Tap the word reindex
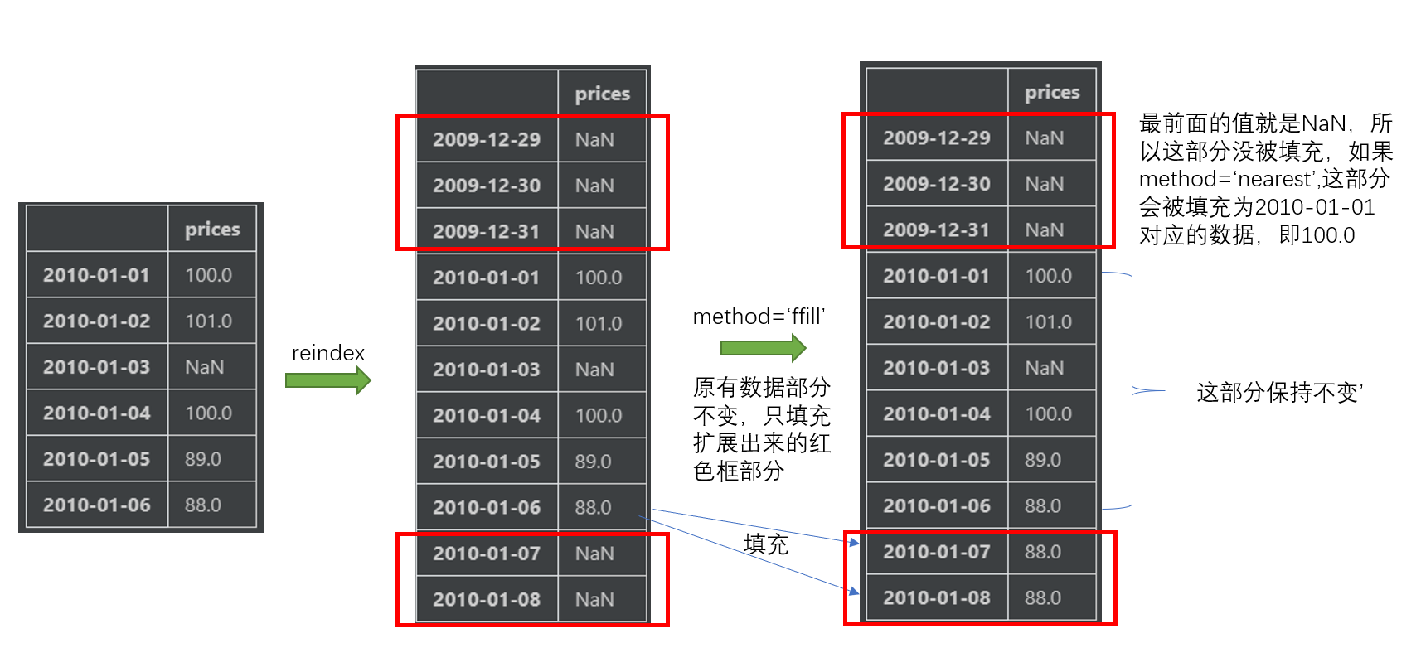pyautogui.click(x=327, y=353)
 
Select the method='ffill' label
pyautogui.click(x=759, y=317)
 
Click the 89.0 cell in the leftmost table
pyautogui.click(x=203, y=459)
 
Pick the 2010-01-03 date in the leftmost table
pyautogui.click(x=96, y=367)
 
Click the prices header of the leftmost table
pyautogui.click(x=212, y=230)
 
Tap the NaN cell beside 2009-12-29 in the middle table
pyautogui.click(x=594, y=140)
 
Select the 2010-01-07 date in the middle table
pyautogui.click(x=487, y=554)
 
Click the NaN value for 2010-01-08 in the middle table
pyautogui.click(x=594, y=600)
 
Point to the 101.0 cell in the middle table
pyautogui.click(x=599, y=324)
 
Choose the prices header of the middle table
pyautogui.click(x=603, y=94)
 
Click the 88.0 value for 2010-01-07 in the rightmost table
pyautogui.click(x=1043, y=552)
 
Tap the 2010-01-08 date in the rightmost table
pyautogui.click(x=937, y=598)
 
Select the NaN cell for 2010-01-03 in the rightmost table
pyautogui.click(x=1044, y=368)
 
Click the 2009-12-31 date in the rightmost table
pyautogui.click(x=937, y=230)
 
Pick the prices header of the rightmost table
pyautogui.click(x=1052, y=92)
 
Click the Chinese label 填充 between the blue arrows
pyautogui.click(x=766, y=544)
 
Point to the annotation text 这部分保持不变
pyautogui.click(x=1278, y=392)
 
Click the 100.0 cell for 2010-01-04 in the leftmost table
pyautogui.click(x=208, y=413)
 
